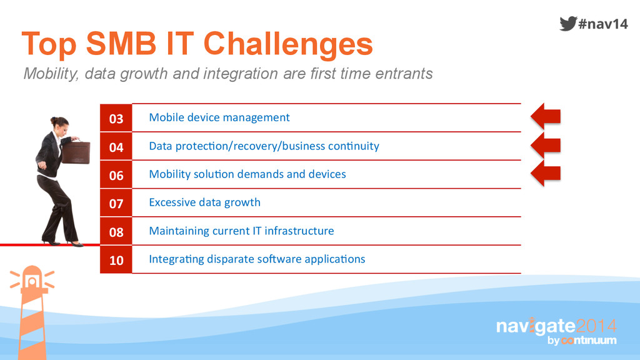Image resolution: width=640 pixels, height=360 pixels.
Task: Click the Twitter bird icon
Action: point(567,23)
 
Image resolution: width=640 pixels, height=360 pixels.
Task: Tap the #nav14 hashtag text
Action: point(603,24)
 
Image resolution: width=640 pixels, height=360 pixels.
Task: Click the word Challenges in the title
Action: point(288,44)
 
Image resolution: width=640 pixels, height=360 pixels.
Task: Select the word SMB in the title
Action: point(121,43)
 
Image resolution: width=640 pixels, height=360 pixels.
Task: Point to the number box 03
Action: point(116,118)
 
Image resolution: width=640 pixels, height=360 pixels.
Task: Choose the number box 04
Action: point(116,146)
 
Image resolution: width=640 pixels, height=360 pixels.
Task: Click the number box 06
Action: point(116,175)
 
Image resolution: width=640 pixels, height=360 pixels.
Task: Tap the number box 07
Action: point(116,203)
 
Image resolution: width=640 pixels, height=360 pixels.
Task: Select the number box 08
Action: point(116,231)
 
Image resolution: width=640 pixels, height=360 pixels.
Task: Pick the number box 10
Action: point(116,259)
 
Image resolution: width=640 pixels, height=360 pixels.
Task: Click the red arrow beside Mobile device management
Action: point(546,116)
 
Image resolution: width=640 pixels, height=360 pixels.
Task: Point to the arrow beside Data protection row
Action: point(546,145)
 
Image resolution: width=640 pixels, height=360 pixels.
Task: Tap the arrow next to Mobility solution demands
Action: point(546,173)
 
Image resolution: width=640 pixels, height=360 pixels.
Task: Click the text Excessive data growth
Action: point(204,202)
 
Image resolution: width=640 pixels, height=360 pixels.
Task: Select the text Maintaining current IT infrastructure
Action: point(241,231)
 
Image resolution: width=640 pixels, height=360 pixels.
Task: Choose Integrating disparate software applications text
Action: point(257,259)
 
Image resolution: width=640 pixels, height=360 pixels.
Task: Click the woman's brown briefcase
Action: point(76,152)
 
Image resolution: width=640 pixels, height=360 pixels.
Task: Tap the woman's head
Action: point(59,124)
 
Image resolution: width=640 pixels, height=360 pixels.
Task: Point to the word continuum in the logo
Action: point(589,340)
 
